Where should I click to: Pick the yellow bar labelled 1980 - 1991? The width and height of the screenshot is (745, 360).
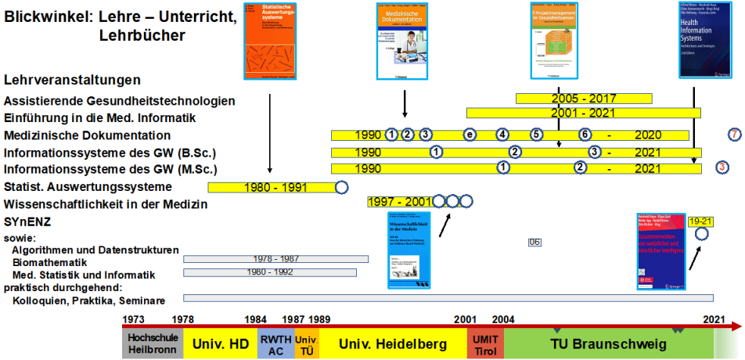(x=271, y=187)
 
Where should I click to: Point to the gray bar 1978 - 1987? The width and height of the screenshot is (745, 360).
(x=275, y=258)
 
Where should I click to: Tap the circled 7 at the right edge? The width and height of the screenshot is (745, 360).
(x=734, y=135)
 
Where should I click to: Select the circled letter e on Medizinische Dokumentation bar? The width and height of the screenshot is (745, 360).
(x=470, y=135)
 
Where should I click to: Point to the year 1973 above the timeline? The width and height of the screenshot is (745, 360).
(x=133, y=320)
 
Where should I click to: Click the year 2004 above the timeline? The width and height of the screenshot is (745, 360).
(x=503, y=320)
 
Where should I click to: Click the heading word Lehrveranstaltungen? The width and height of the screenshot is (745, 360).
(x=72, y=80)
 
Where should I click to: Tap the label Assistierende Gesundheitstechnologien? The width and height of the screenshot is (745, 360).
(x=119, y=101)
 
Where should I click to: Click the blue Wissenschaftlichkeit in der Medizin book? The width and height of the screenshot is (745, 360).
(x=408, y=250)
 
